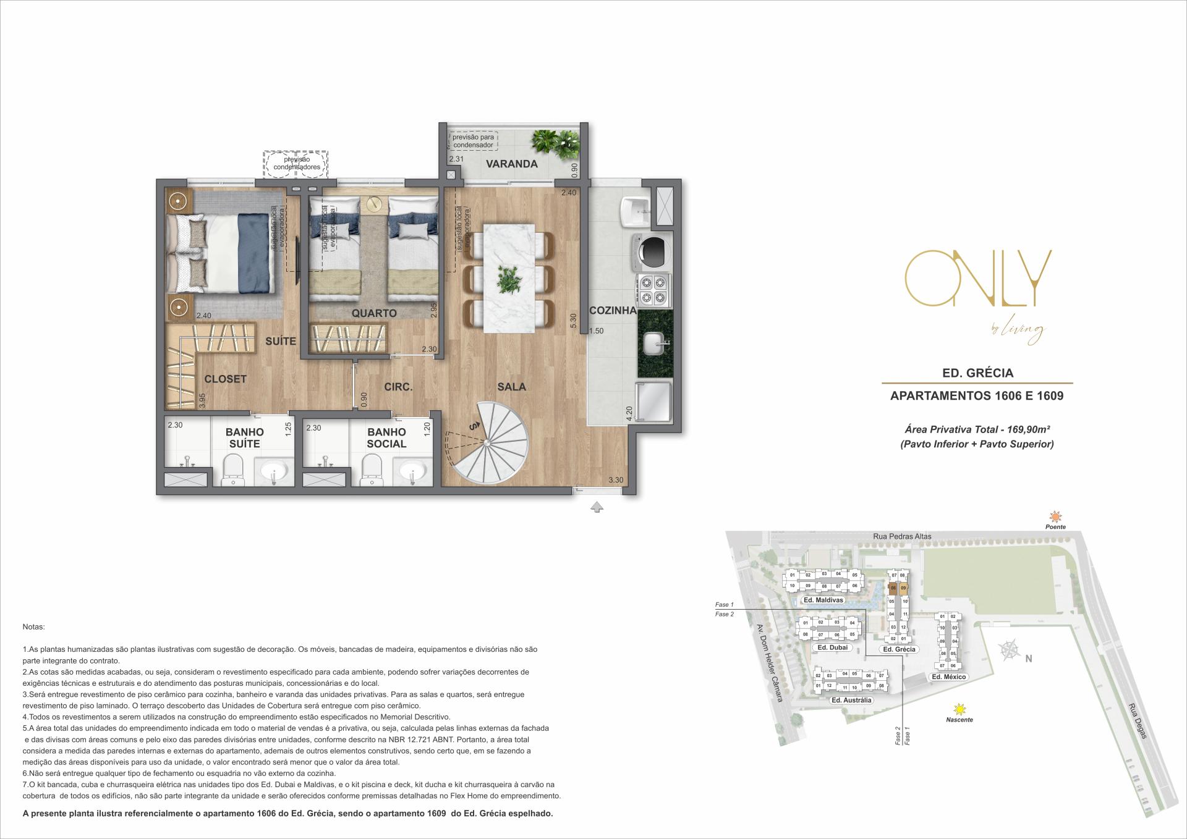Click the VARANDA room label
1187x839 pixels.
tap(511, 164)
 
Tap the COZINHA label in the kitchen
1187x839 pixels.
tap(612, 311)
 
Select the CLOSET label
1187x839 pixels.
tap(225, 379)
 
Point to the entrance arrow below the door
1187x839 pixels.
tap(597, 507)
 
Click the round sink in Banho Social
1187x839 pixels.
tap(412, 473)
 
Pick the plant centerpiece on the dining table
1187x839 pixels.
tap(509, 280)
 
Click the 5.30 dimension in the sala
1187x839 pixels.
tap(573, 321)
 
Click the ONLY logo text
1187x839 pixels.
tap(978, 278)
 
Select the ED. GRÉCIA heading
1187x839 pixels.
tap(977, 373)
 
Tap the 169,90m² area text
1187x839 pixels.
tap(977, 429)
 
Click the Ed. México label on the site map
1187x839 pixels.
tap(948, 677)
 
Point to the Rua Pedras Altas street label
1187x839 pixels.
tap(903, 536)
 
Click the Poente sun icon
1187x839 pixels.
tap(1055, 516)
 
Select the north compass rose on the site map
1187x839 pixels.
tap(1009, 650)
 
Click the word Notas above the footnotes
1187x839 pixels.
tap(33, 626)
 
